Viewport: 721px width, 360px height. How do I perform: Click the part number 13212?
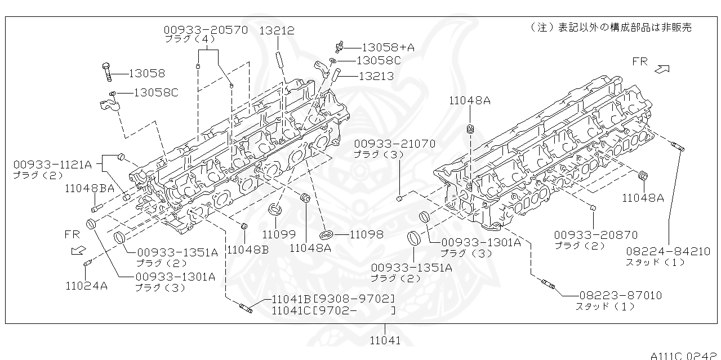pyautogui.click(x=277, y=30)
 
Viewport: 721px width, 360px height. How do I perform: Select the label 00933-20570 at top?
pyautogui.click(x=206, y=30)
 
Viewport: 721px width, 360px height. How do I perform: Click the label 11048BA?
pyautogui.click(x=90, y=189)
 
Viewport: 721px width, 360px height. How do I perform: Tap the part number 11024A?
pyautogui.click(x=86, y=286)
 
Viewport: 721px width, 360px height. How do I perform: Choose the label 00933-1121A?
pyautogui.click(x=52, y=165)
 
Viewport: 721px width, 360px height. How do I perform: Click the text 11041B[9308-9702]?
pyautogui.click(x=333, y=299)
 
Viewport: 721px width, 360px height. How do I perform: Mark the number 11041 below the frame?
pyautogui.click(x=385, y=340)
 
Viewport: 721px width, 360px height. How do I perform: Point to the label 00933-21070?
pyautogui.click(x=394, y=144)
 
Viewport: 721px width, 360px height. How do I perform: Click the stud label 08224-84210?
pyautogui.click(x=667, y=251)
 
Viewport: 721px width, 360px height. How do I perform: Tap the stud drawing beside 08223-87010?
pyautogui.click(x=546, y=283)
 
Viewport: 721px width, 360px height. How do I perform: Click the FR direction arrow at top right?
pyautogui.click(x=662, y=69)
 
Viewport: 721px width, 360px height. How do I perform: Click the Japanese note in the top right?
pyautogui.click(x=611, y=27)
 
